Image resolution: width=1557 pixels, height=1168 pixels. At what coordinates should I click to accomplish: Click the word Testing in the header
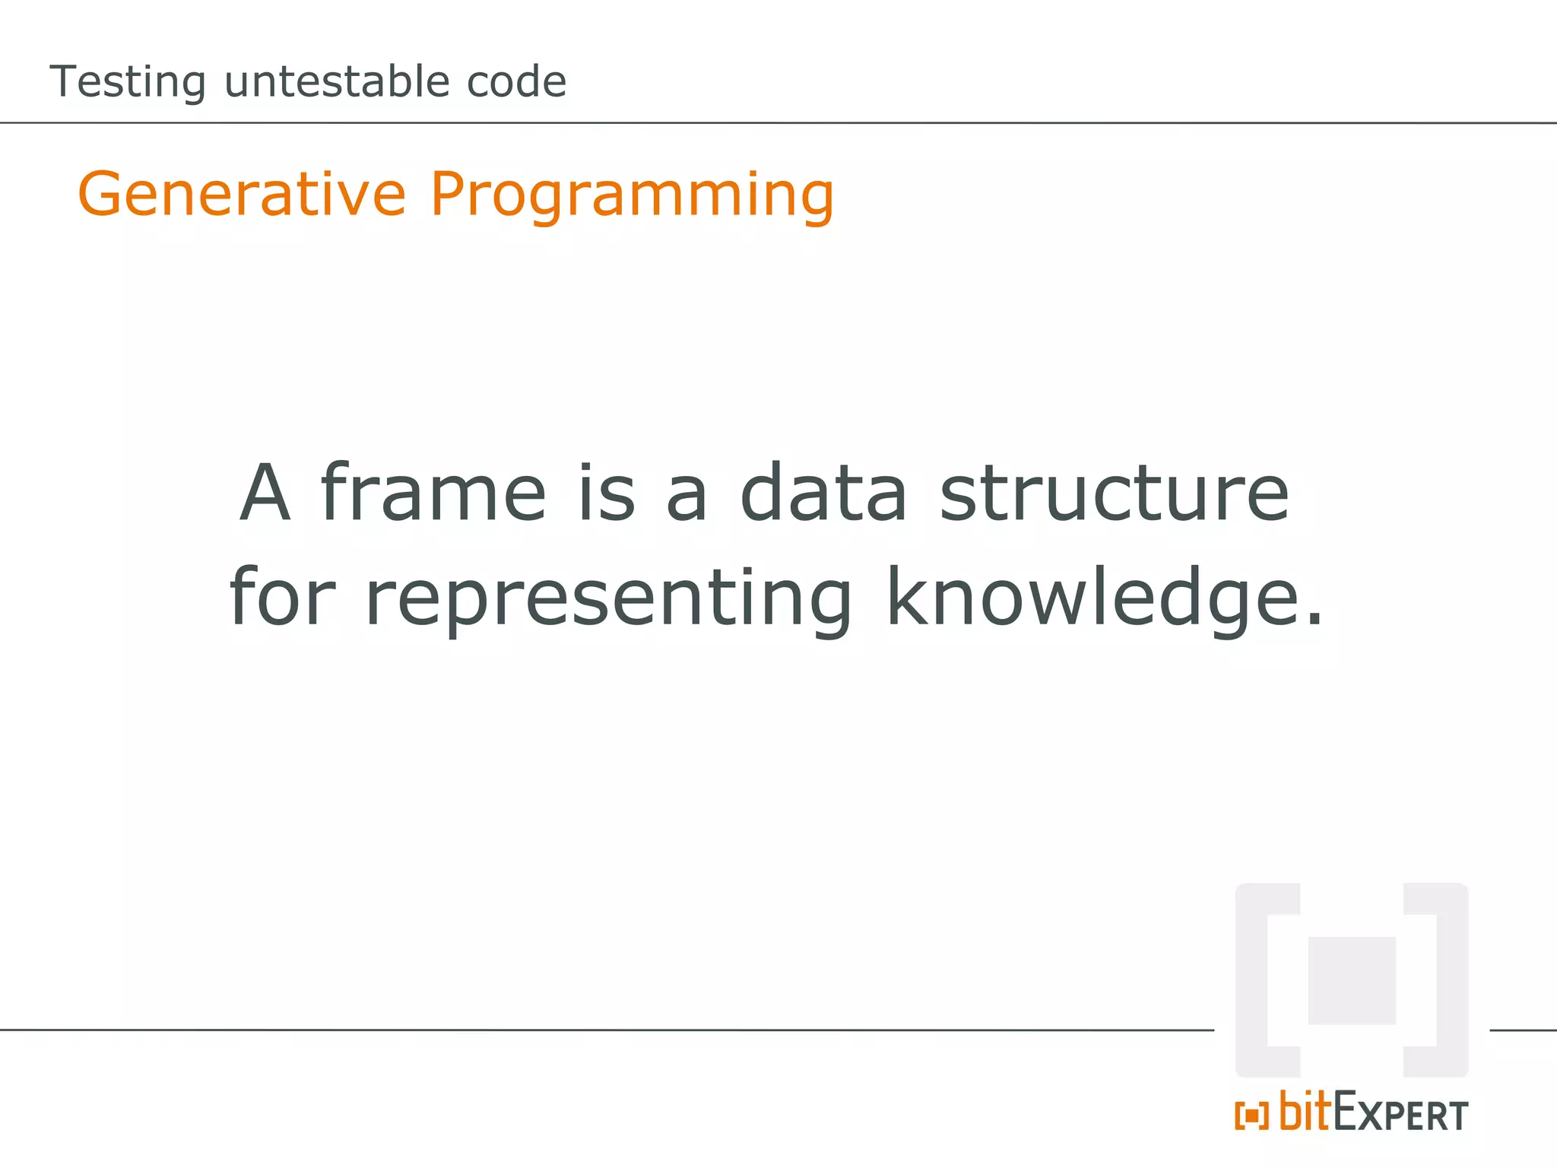[x=127, y=82]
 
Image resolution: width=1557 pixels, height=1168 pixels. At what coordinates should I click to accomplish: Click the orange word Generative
[x=242, y=194]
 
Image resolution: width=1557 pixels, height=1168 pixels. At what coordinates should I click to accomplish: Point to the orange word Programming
[x=632, y=195]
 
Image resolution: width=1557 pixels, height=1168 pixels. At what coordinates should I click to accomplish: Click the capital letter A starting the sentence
[x=265, y=494]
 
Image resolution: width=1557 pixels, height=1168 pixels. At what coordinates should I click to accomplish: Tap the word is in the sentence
[x=606, y=494]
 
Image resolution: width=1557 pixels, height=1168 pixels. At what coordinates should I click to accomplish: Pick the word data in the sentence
[x=823, y=494]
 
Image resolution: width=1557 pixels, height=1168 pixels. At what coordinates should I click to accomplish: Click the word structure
[x=1115, y=494]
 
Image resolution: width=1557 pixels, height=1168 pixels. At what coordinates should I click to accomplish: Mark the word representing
[x=609, y=599]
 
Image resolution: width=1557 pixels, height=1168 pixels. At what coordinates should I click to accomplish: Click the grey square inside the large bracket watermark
[x=1352, y=980]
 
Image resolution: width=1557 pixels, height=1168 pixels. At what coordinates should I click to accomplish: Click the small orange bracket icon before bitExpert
[x=1251, y=1116]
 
